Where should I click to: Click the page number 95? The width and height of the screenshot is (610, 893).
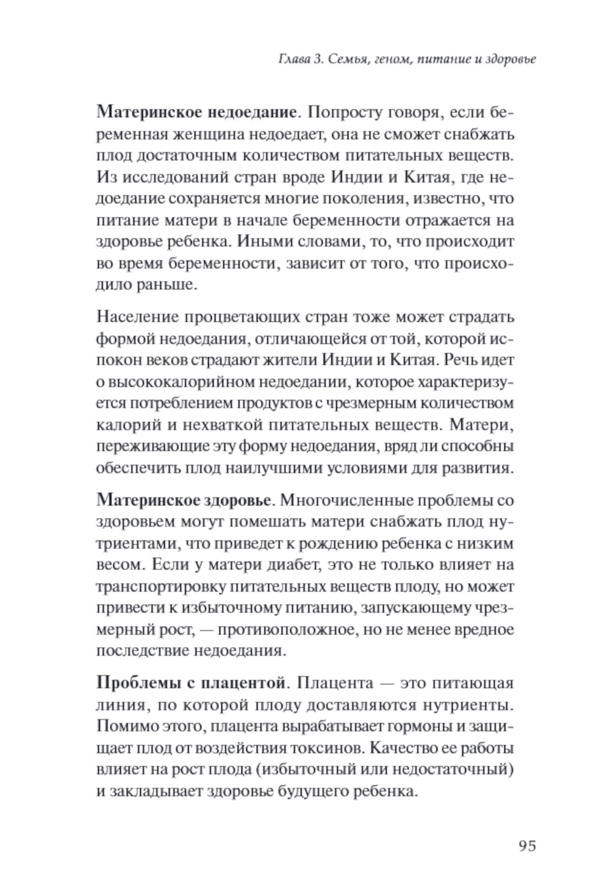[527, 846]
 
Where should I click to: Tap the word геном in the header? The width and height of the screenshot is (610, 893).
[385, 60]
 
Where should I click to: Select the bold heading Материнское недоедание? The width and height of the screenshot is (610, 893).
[198, 112]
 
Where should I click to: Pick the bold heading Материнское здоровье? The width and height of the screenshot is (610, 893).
[184, 501]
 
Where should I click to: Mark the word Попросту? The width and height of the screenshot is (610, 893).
[345, 112]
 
